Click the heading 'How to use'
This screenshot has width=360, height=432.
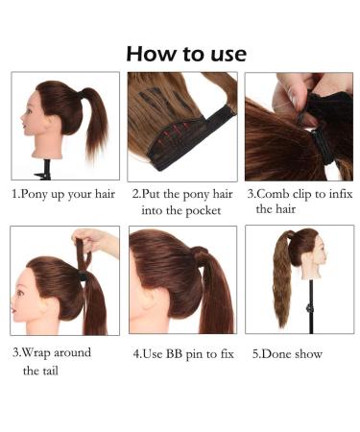click(x=185, y=53)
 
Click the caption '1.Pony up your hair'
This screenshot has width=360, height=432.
click(x=62, y=193)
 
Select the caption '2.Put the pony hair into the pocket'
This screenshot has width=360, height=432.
click(x=181, y=202)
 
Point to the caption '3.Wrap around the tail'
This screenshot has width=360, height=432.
click(x=52, y=361)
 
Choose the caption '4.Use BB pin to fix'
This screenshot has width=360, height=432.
click(x=183, y=353)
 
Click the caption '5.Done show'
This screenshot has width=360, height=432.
click(x=288, y=353)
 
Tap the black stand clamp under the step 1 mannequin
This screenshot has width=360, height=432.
click(x=42, y=173)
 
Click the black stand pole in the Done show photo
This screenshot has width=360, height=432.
click(x=307, y=307)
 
